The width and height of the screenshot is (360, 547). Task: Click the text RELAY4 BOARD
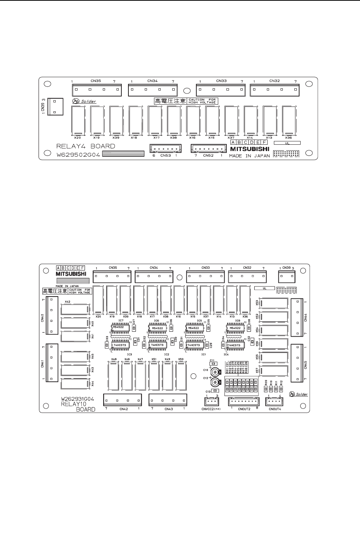(85, 146)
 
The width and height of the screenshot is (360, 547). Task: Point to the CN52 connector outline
(209, 148)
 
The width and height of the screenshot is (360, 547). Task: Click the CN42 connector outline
(122, 399)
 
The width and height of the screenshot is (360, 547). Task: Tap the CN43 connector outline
(168, 399)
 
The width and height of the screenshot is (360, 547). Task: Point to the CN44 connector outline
(297, 317)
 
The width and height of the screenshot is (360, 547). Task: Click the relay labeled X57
(274, 371)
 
